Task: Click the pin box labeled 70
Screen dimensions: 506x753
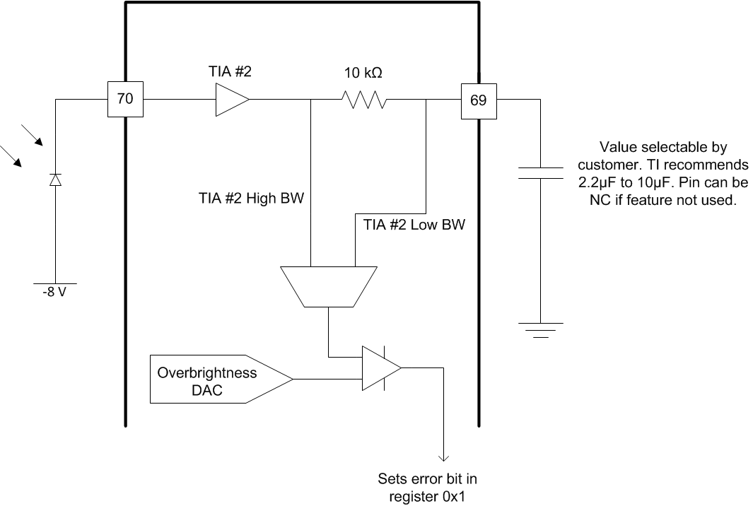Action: (x=124, y=100)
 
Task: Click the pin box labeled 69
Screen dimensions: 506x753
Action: (x=479, y=100)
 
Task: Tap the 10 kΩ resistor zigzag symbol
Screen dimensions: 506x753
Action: (x=363, y=100)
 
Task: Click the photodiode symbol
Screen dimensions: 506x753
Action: (x=56, y=180)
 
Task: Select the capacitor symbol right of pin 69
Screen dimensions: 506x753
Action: (x=540, y=173)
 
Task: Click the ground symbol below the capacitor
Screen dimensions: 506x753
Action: (x=540, y=329)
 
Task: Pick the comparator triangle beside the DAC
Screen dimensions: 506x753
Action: (x=380, y=368)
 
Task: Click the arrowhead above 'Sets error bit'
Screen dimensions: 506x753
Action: (x=443, y=456)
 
